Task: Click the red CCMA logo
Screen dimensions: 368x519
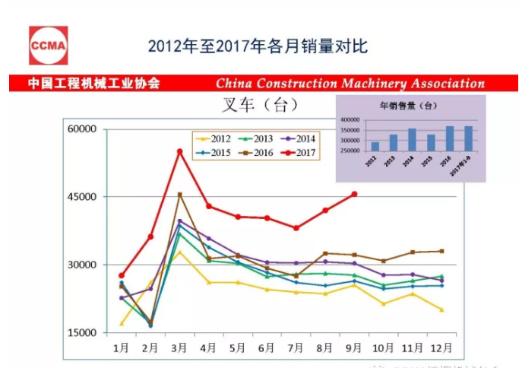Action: (48, 45)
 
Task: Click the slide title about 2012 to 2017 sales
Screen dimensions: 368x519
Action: (258, 46)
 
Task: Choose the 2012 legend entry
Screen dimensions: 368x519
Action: (213, 138)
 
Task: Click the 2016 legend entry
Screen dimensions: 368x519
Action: (255, 153)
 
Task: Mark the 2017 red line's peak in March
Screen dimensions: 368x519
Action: (180, 151)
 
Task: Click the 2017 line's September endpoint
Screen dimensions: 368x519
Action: (354, 194)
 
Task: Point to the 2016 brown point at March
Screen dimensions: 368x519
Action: (180, 195)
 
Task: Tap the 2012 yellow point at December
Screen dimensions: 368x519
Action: (441, 309)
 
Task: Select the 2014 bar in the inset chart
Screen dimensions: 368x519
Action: (412, 140)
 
